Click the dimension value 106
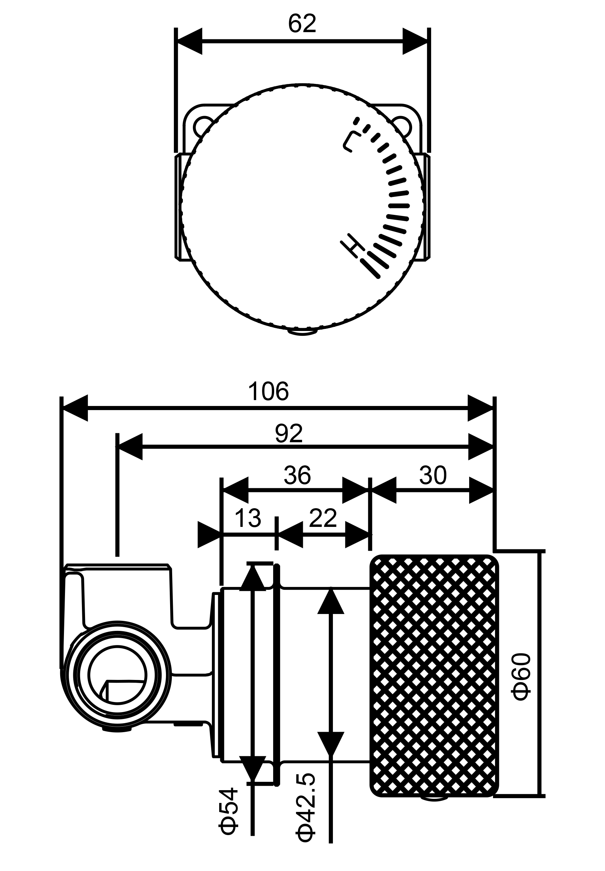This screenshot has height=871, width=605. point(268,392)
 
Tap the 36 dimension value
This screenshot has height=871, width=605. point(298,475)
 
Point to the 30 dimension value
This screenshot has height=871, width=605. point(433,475)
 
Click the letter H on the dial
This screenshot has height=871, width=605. point(353,246)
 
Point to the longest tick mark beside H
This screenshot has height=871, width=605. point(371,269)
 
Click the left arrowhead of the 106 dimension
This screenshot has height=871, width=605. point(75,408)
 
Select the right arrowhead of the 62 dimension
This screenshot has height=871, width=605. point(416,41)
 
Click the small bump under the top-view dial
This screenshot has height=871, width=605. point(302,332)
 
